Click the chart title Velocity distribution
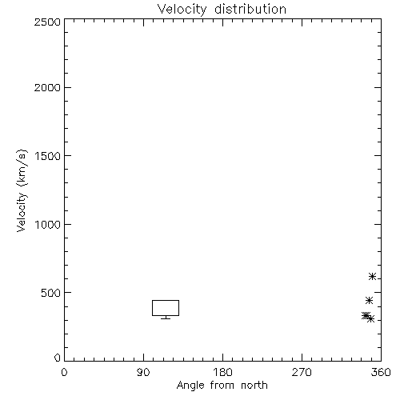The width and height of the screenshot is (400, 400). [x=222, y=10]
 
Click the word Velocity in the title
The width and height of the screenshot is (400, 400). [x=182, y=10]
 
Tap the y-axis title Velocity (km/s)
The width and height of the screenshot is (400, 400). [x=22, y=190]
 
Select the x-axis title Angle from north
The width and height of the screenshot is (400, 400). [x=222, y=385]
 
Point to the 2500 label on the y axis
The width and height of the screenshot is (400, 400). [x=47, y=22]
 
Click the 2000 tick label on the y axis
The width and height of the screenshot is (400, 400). [x=47, y=87]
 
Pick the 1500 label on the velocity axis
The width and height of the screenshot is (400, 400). [x=48, y=156]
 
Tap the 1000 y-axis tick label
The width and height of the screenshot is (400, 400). [x=48, y=225]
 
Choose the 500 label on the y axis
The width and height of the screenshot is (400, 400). [x=51, y=293]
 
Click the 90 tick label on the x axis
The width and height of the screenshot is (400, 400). [x=143, y=372]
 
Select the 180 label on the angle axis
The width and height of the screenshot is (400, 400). [x=222, y=372]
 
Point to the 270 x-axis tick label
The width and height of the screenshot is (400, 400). [x=302, y=372]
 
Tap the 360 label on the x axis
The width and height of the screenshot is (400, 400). [x=381, y=372]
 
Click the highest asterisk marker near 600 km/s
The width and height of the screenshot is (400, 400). [x=372, y=277]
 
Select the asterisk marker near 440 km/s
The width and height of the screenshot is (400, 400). [x=369, y=301]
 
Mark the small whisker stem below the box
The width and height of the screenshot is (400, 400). [x=166, y=318]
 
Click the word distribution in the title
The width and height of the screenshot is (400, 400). [x=250, y=10]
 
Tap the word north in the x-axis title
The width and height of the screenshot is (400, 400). [x=254, y=385]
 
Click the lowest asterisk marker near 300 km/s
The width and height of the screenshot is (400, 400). [x=370, y=319]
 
